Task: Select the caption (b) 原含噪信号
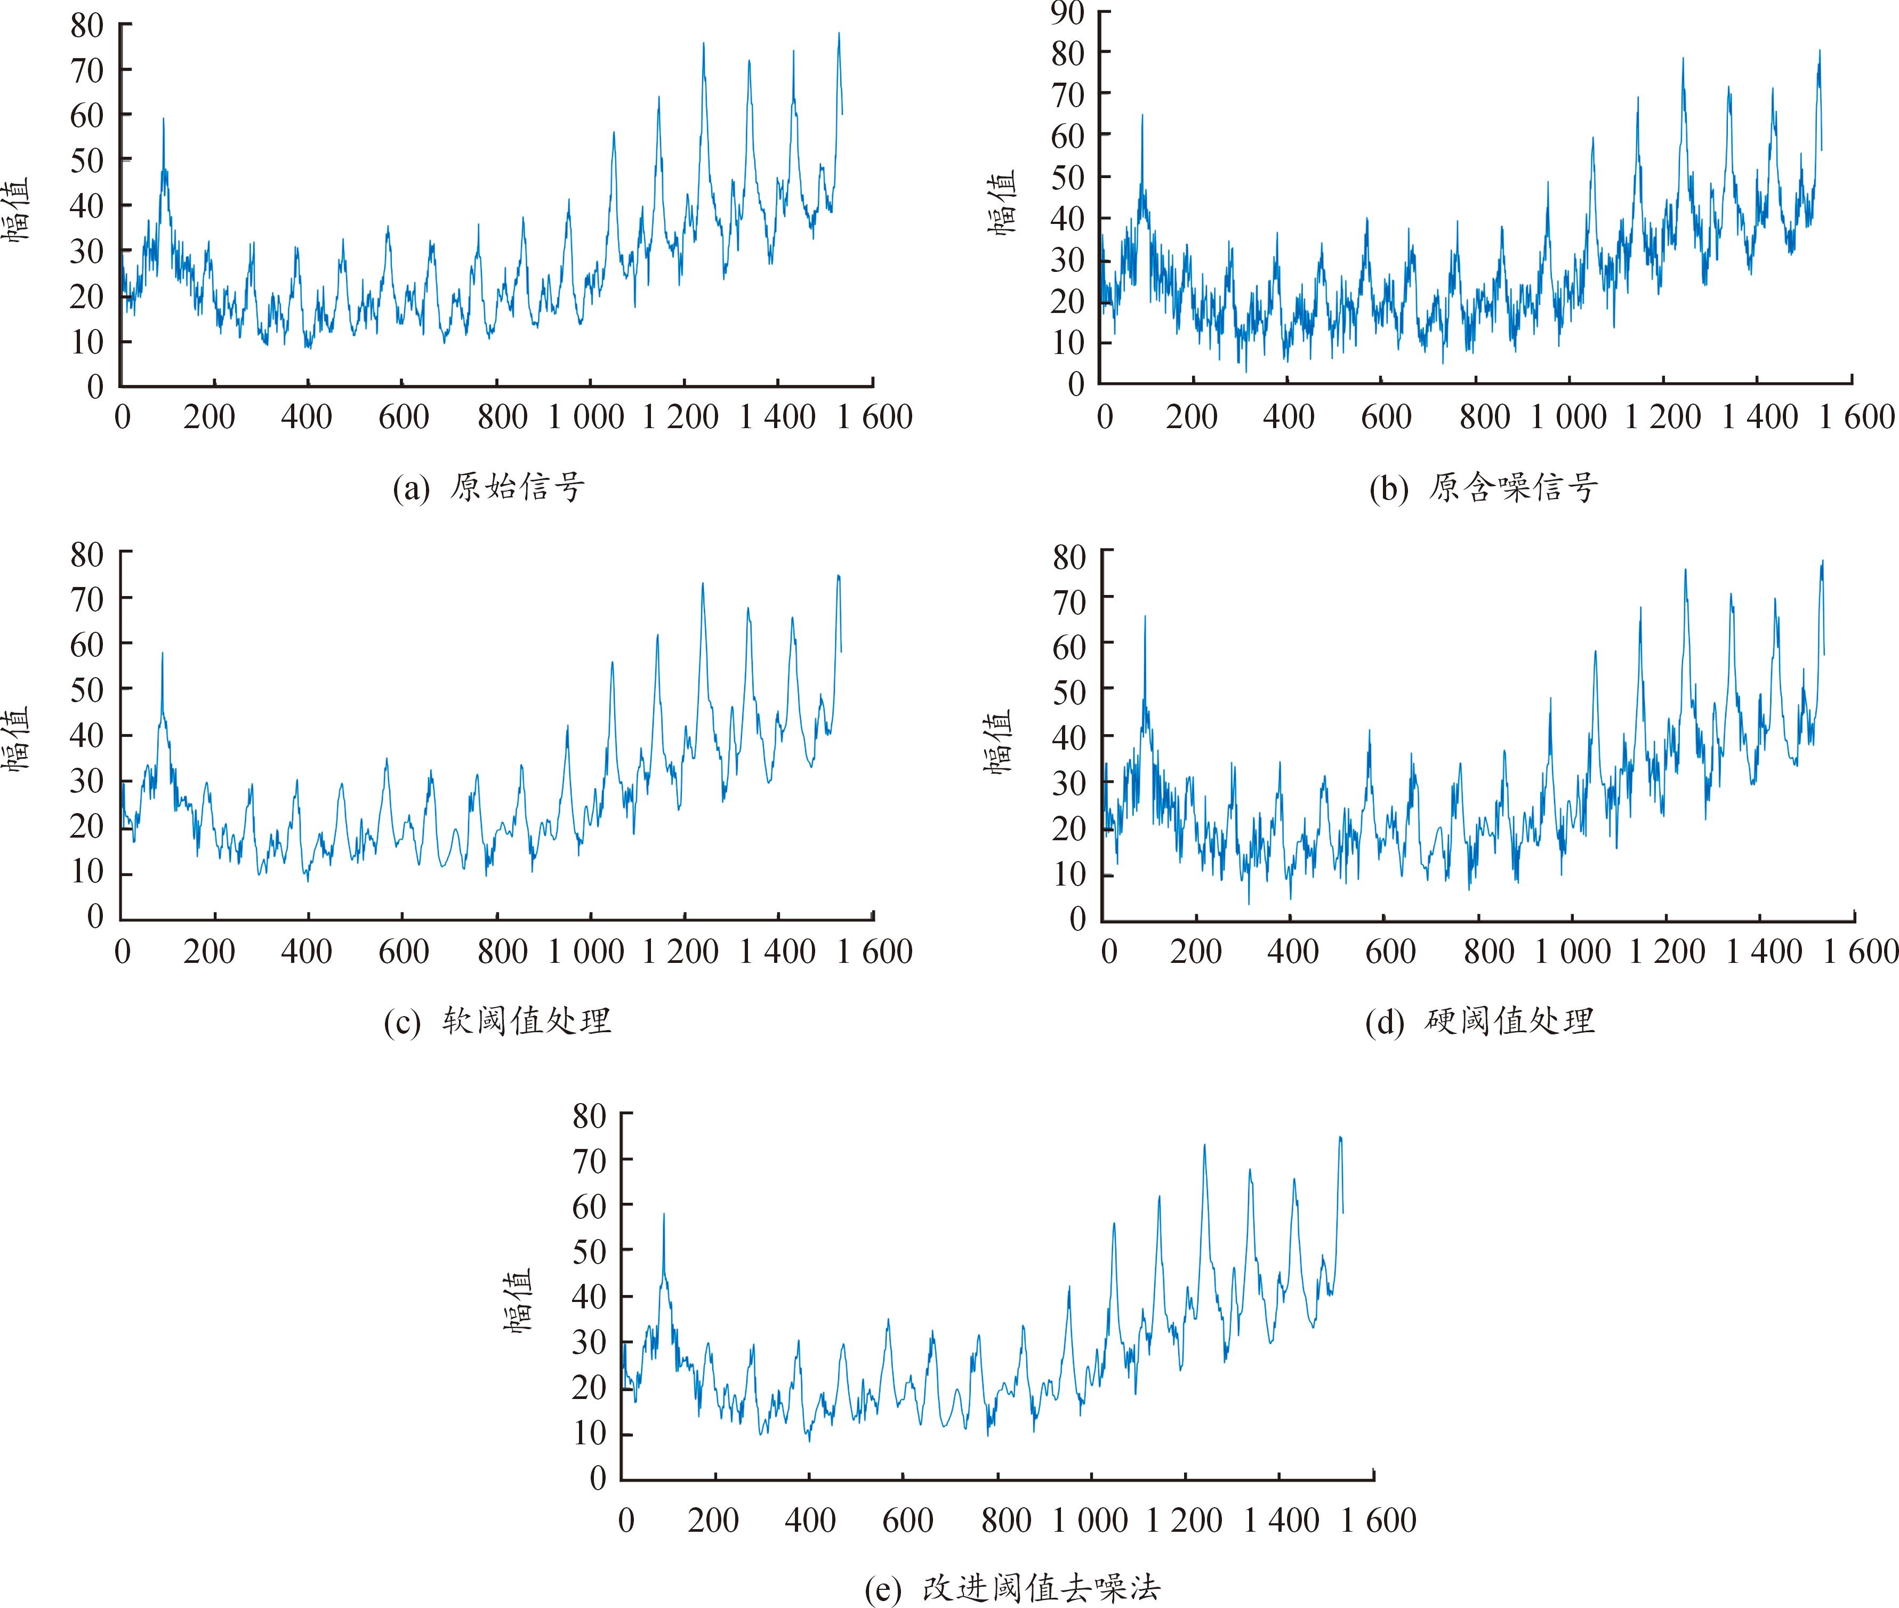(1483, 488)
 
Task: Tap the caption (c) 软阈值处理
(497, 1021)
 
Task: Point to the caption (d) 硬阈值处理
(1479, 1021)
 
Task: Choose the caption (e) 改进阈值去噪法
(1012, 1588)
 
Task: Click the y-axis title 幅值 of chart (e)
(517, 1301)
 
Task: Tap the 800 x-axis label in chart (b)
(1484, 417)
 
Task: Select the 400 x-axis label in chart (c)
(307, 952)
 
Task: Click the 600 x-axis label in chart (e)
(907, 1521)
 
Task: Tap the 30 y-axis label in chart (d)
(1068, 782)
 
